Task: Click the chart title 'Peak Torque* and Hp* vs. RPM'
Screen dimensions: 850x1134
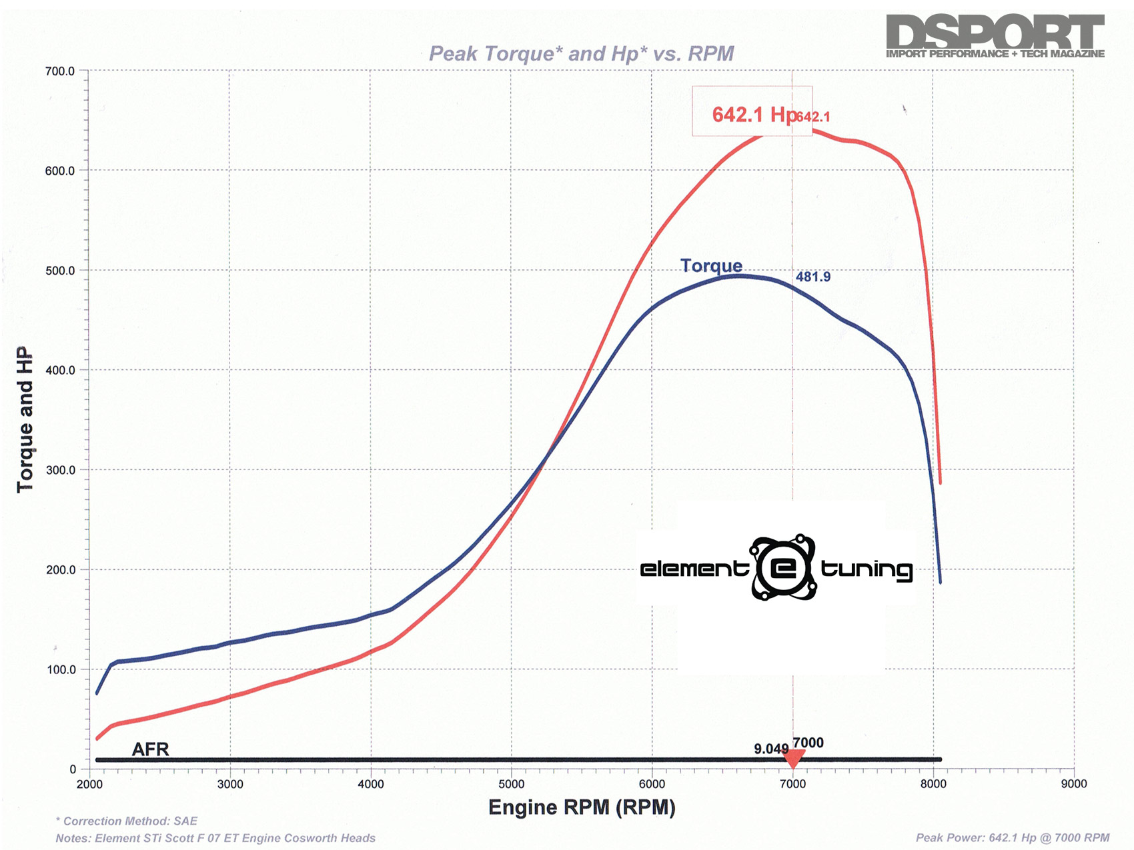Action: (581, 53)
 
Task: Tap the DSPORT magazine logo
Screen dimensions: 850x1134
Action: (995, 36)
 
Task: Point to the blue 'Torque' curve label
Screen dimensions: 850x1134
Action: (711, 266)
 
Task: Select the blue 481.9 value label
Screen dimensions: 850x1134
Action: (813, 277)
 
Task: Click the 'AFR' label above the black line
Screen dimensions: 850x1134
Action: (150, 749)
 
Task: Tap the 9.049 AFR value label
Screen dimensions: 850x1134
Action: (771, 749)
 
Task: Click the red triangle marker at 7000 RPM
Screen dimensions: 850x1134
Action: (793, 759)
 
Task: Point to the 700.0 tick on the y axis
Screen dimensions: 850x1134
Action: (59, 71)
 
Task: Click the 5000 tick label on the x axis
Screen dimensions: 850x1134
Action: (511, 784)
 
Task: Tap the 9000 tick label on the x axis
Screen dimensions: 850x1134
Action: (1073, 784)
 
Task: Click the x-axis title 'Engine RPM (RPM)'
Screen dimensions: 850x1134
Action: (582, 807)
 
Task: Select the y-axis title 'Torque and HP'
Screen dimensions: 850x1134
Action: (25, 419)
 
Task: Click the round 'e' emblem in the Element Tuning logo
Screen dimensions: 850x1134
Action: (783, 568)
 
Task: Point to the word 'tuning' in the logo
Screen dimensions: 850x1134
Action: (866, 569)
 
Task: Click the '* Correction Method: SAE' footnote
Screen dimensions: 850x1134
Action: (126, 821)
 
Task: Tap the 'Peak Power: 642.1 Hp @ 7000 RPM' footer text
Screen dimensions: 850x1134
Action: (1012, 838)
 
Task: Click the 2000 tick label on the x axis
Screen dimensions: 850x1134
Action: (89, 784)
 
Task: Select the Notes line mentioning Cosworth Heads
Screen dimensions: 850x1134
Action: (215, 838)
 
